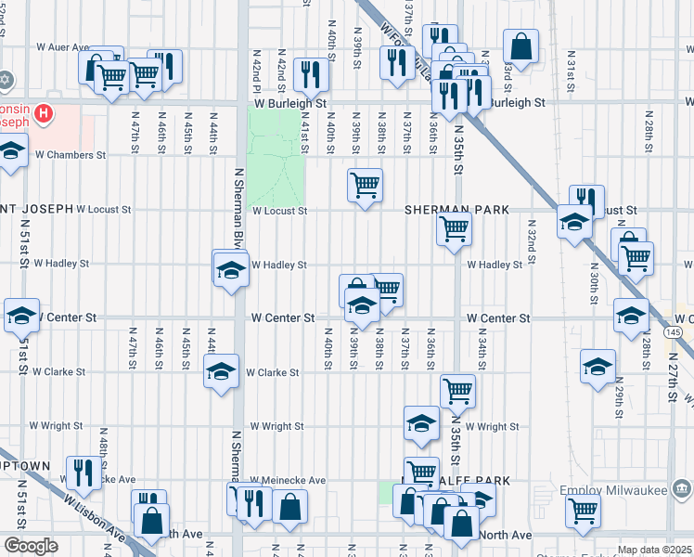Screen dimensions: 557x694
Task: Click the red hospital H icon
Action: [42, 114]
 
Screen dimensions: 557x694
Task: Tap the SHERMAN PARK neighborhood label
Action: [456, 211]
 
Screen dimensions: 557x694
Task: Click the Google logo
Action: [32, 546]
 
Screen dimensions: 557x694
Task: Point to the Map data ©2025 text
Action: [654, 550]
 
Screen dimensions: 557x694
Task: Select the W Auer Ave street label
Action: [62, 46]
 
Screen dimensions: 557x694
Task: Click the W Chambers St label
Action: [71, 155]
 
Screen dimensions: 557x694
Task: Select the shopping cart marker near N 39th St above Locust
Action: [366, 185]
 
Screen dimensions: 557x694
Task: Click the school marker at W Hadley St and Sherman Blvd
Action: [230, 270]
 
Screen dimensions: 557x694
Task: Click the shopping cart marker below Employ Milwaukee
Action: [583, 509]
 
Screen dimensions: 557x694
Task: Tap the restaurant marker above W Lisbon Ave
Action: [84, 473]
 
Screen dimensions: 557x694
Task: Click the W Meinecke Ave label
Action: [287, 480]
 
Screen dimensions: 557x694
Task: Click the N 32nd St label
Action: [533, 240]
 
